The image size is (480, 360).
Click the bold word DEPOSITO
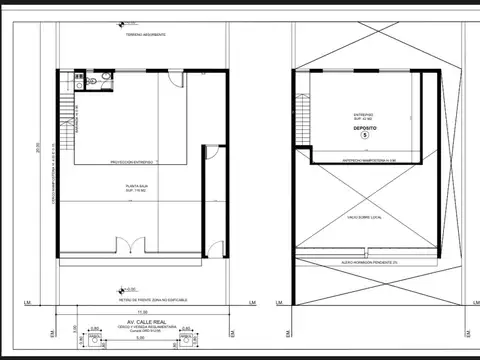[x=365, y=129]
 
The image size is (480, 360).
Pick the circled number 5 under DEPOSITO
[x=365, y=137]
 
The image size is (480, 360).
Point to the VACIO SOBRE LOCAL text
[x=365, y=214]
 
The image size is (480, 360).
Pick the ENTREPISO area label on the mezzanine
[x=365, y=115]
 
